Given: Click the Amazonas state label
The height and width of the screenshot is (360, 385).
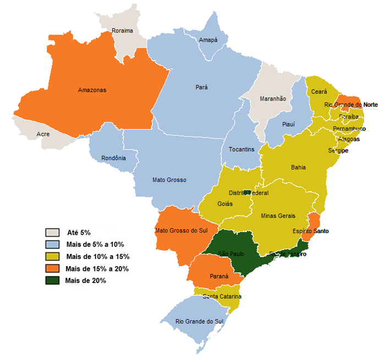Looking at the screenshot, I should [x=92, y=90].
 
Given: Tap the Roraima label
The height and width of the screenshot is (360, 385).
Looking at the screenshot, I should [x=122, y=31].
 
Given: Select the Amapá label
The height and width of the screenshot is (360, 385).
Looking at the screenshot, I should [x=208, y=40].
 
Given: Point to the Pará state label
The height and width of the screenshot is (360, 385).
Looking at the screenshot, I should [x=202, y=87].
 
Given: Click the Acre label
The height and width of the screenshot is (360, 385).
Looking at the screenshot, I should [x=43, y=134].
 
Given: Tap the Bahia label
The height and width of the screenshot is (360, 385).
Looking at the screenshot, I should [x=298, y=168].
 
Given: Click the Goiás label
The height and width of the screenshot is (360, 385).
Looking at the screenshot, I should [x=226, y=204].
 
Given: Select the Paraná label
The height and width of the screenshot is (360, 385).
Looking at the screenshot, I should [x=219, y=276].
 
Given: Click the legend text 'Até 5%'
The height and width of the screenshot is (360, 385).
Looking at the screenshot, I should [x=79, y=233].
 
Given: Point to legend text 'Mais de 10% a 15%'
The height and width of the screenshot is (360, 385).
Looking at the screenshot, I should [x=97, y=257].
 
